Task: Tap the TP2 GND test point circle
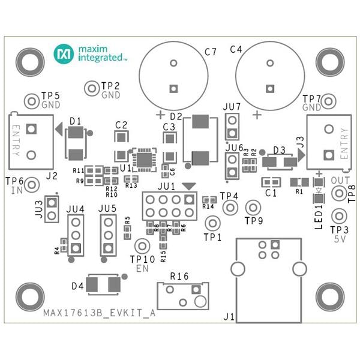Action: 92,89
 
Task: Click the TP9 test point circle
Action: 254,208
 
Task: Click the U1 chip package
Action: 145,159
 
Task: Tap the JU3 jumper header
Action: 52,210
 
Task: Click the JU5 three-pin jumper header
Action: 108,235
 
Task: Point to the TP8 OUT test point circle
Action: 338,193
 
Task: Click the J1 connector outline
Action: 268,278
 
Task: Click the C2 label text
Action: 121,125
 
